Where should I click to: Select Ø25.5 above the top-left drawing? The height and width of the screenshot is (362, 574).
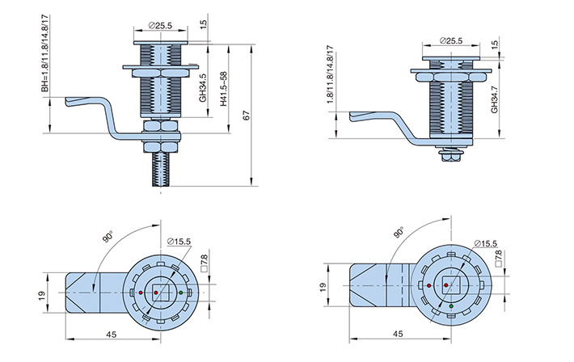pos(160,26)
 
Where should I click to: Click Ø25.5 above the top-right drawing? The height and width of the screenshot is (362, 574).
pos(450,41)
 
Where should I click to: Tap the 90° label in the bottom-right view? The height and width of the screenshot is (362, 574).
pos(399,233)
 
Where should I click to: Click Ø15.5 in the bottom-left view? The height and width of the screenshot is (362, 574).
pos(179,241)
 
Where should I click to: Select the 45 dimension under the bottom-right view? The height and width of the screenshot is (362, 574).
pos(398,333)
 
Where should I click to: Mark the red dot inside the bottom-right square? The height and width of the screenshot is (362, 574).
pos(445,284)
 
